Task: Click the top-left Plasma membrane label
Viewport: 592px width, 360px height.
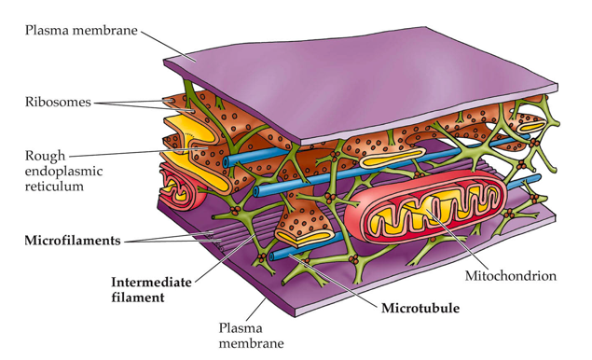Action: (x=81, y=30)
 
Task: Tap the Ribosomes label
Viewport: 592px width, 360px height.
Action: (x=58, y=102)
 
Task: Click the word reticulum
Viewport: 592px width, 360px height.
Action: (x=54, y=187)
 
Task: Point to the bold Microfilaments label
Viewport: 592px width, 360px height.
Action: (x=73, y=241)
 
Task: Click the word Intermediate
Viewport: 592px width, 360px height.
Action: (x=151, y=283)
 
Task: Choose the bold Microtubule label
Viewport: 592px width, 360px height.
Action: (x=420, y=309)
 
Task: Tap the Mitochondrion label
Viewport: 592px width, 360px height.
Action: (x=511, y=276)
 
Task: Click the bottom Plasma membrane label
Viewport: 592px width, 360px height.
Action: (x=252, y=336)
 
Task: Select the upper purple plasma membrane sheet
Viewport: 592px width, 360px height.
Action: (x=363, y=83)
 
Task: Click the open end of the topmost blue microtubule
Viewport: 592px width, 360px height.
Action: (x=227, y=161)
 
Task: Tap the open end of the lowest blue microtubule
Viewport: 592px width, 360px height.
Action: (x=272, y=256)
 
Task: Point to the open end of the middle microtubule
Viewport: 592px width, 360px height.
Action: (x=256, y=191)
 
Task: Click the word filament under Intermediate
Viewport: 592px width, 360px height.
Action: (x=138, y=298)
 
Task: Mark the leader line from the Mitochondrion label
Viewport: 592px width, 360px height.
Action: (x=456, y=238)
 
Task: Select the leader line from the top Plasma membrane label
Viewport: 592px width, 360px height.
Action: (x=169, y=45)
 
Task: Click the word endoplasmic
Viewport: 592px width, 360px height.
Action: (x=63, y=171)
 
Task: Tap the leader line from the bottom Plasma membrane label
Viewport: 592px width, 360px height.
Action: (x=255, y=309)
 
